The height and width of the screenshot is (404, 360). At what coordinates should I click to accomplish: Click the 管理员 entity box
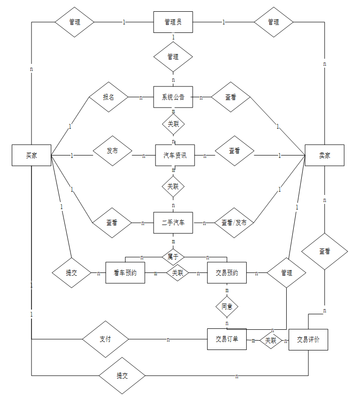point(173,22)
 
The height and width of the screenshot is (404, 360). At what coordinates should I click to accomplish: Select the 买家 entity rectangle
point(31,155)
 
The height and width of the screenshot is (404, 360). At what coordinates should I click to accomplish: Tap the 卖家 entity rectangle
point(324,155)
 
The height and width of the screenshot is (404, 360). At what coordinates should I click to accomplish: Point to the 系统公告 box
point(173,97)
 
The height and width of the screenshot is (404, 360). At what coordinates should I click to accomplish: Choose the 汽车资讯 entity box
point(175,155)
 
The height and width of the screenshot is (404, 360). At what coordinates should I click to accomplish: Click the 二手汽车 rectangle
point(173,223)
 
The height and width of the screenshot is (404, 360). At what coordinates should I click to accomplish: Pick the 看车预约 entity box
point(125,272)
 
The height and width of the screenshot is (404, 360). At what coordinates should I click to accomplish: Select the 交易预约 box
point(227,272)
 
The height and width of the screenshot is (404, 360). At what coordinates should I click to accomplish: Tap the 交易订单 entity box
point(227,339)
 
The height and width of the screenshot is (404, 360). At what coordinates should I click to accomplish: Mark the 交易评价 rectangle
point(308,339)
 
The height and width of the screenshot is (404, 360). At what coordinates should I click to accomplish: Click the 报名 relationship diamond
point(109,97)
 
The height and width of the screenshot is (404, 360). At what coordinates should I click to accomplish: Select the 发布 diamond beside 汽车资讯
point(112,151)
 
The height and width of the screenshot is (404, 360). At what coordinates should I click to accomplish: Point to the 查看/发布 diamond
point(234,223)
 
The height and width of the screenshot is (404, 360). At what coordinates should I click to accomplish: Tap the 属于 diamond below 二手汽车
point(173,256)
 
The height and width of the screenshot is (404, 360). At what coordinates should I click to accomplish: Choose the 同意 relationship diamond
point(227,307)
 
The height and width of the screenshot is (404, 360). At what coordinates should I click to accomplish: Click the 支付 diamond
point(105,339)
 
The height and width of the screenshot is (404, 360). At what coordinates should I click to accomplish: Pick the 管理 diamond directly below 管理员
point(173,57)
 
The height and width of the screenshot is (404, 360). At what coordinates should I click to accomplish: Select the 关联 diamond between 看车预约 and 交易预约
point(177,272)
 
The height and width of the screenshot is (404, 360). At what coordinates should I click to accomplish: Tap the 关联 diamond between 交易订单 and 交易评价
point(271,339)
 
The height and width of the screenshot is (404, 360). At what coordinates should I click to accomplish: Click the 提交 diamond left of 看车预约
point(71,272)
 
